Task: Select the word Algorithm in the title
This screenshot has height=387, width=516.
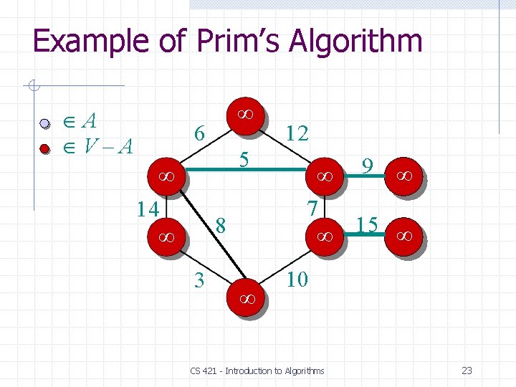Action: [355, 42]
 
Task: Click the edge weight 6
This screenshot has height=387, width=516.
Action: [201, 134]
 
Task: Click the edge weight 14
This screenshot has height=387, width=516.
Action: [148, 209]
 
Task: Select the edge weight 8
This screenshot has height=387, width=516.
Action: [221, 226]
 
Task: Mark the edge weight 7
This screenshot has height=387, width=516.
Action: [312, 209]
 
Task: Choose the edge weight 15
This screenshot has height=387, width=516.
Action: [367, 226]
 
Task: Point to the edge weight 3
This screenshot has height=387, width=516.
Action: [200, 279]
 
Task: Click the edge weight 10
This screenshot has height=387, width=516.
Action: [297, 278]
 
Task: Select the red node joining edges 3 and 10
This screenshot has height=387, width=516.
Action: [244, 296]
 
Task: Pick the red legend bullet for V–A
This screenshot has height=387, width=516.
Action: [44, 148]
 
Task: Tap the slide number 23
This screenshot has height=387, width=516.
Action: [467, 371]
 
